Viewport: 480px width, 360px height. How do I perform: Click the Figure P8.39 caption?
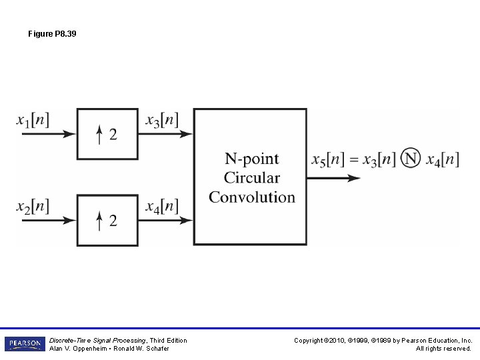coord(52,33)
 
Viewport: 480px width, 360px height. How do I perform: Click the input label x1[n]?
coord(33,121)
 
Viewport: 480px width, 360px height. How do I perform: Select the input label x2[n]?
coord(33,206)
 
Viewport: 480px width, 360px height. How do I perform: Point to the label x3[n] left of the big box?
coord(162,121)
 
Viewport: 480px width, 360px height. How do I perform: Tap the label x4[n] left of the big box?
coord(162,206)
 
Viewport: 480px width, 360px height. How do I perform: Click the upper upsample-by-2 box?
coord(107,134)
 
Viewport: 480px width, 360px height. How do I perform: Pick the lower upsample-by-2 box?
coord(107,219)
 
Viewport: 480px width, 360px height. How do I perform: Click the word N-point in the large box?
coord(251,159)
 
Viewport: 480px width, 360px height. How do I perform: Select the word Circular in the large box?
coord(251,178)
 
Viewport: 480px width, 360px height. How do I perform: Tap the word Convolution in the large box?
coord(251,197)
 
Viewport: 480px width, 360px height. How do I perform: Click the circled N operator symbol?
coord(411,159)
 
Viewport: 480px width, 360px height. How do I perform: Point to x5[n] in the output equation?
coord(327,160)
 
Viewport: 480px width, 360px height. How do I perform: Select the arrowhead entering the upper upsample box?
coord(69,134)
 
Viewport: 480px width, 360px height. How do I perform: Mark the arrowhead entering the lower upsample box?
coord(69,219)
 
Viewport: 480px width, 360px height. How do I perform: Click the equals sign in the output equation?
coord(353,160)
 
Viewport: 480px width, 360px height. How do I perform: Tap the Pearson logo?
coord(25,344)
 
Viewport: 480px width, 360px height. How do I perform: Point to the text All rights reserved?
coord(443,349)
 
